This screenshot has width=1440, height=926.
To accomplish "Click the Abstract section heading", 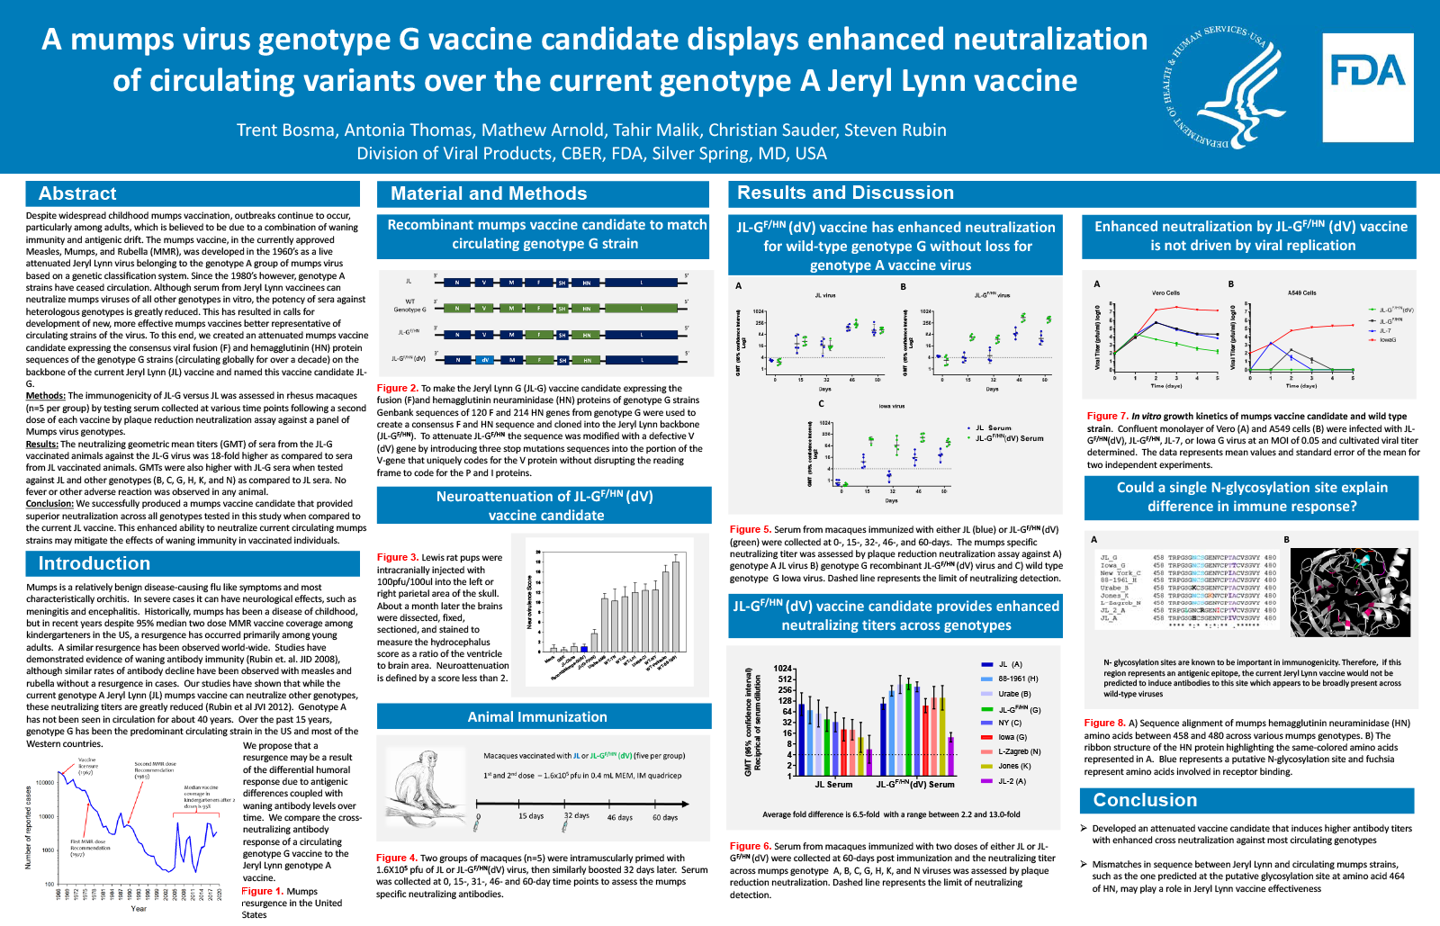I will pos(77,193).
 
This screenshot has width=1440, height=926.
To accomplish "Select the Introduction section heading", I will pos(94,563).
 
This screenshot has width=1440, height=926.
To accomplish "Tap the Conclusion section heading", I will pos(1145,800).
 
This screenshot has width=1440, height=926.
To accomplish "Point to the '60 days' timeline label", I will pos(665,817).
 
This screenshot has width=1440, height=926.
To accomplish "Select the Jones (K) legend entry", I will pos(1013,766).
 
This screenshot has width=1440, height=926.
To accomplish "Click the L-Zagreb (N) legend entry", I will pos(1018,751).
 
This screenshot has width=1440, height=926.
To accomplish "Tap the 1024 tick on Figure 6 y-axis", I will pos(783,669).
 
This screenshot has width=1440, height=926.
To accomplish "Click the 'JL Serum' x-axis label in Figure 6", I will pos(833,785).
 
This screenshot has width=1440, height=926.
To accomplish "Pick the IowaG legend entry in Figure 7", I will pos(1387,340).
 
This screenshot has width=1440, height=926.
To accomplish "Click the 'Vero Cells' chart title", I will pos(1165,292).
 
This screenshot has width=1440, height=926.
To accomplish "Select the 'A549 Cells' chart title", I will pos(1301,292).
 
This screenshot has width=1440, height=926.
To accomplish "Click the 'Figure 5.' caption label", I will pos(750,530).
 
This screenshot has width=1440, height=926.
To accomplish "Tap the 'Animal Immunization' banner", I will pos(537,717).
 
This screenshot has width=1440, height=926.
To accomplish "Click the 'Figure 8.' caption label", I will pos(1104,724).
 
